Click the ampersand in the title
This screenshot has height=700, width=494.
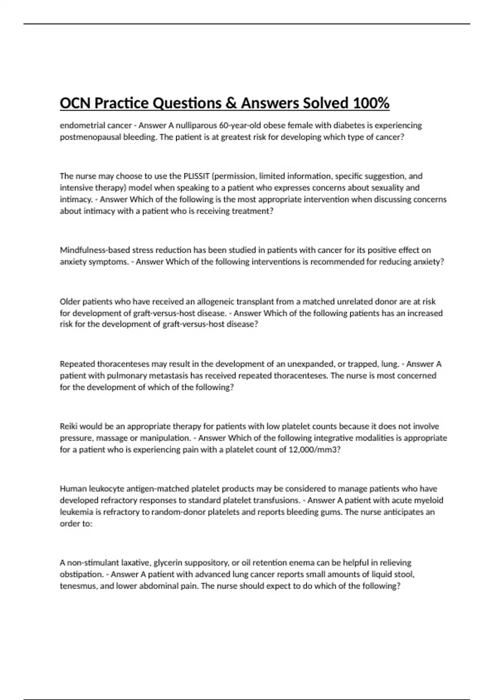tap(231, 103)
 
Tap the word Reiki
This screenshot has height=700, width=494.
tap(69, 426)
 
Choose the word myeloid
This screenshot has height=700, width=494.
tap(429, 500)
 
